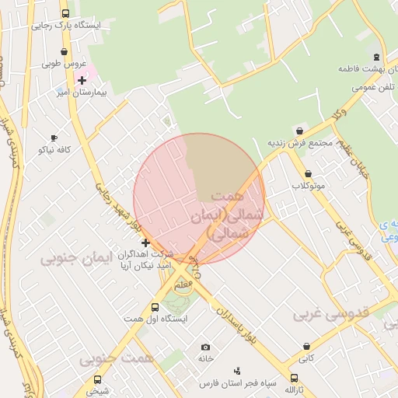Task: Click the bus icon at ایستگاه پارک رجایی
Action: coord(65,13)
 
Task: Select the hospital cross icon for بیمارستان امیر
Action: coord(82,80)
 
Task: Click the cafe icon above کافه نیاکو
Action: coord(53,137)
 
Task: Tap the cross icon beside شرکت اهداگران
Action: coord(145,243)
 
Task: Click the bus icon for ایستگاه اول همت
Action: coord(155,308)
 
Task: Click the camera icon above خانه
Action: coord(205,347)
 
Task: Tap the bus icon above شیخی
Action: coord(98,379)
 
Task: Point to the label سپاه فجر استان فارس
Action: coord(237,384)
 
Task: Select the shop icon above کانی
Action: coord(308,347)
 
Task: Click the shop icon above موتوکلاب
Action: coord(308,174)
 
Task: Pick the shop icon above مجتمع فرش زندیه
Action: coord(300,130)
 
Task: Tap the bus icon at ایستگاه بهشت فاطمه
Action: coord(377,57)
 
